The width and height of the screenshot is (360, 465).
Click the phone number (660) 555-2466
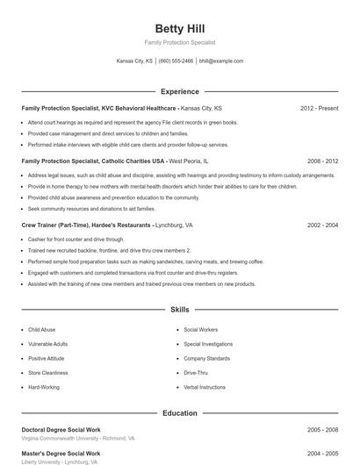176,61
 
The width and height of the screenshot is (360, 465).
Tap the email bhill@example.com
221,61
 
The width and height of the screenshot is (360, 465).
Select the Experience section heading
179,91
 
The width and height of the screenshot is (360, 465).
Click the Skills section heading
179,310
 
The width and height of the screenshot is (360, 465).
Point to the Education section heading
179,412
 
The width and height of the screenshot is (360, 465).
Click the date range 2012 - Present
319,109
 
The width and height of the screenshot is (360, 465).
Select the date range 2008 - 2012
322,161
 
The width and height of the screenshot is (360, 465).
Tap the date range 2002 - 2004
322,225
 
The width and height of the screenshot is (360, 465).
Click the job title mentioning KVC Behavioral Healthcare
98,109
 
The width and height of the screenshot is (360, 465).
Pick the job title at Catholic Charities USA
93,161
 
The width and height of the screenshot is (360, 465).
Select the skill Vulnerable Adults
47,344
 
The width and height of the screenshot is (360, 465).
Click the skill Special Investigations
208,344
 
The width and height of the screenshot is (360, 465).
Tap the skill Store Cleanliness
47,373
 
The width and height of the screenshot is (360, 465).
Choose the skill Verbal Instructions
204,387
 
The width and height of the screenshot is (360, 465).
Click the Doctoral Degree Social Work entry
62,430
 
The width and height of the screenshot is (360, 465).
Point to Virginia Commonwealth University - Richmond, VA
77,438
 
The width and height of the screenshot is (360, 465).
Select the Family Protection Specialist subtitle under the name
179,42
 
